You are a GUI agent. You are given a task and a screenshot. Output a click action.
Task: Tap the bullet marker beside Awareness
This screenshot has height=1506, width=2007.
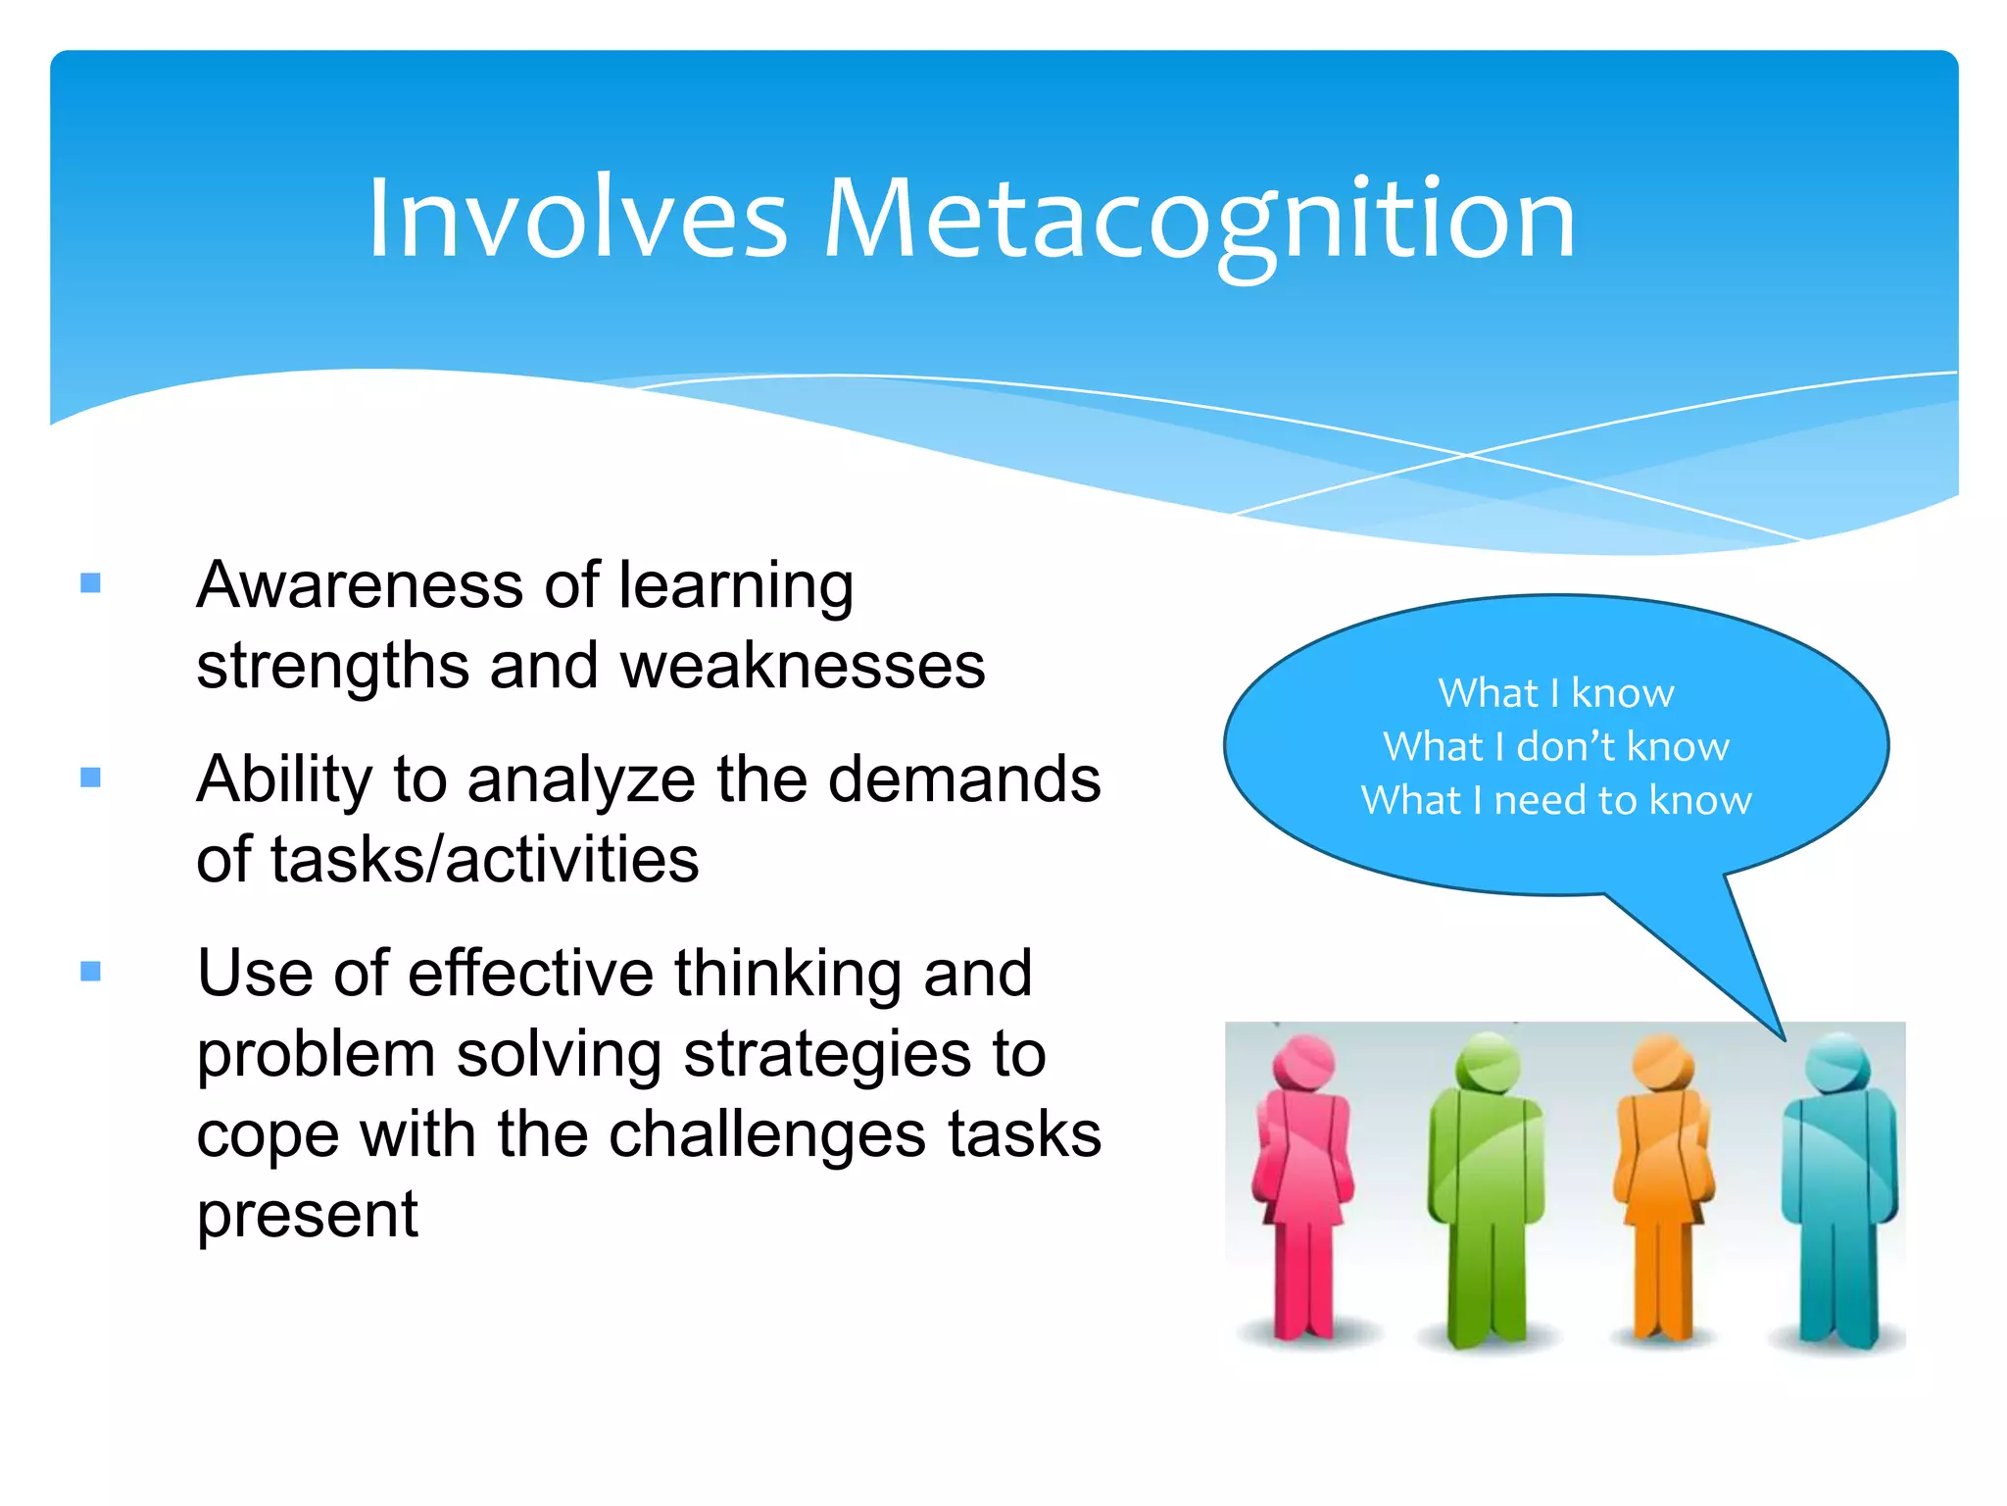pos(91,583)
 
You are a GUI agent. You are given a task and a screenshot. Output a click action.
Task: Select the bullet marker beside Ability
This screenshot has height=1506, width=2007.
pos(91,778)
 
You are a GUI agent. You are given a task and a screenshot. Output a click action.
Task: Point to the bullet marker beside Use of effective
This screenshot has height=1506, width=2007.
pos(91,972)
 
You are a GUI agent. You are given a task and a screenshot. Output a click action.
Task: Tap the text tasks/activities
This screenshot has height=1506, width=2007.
pos(447,860)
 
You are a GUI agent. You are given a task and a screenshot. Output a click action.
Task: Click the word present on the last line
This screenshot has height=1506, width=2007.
pos(307,1216)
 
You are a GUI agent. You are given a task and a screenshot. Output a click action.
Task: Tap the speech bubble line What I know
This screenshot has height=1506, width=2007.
pos(1556,693)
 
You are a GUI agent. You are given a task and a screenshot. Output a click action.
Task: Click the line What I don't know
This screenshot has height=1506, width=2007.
pos(1556,747)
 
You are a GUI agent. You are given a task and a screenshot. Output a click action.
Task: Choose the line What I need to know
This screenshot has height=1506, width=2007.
pos(1556,800)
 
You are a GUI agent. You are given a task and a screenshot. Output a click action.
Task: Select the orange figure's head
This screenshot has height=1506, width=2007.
pos(1663,1062)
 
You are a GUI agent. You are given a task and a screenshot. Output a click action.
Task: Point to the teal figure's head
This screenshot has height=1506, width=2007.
pos(1838,1062)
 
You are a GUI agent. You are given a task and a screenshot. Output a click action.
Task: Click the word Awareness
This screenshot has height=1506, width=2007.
pos(360,585)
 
